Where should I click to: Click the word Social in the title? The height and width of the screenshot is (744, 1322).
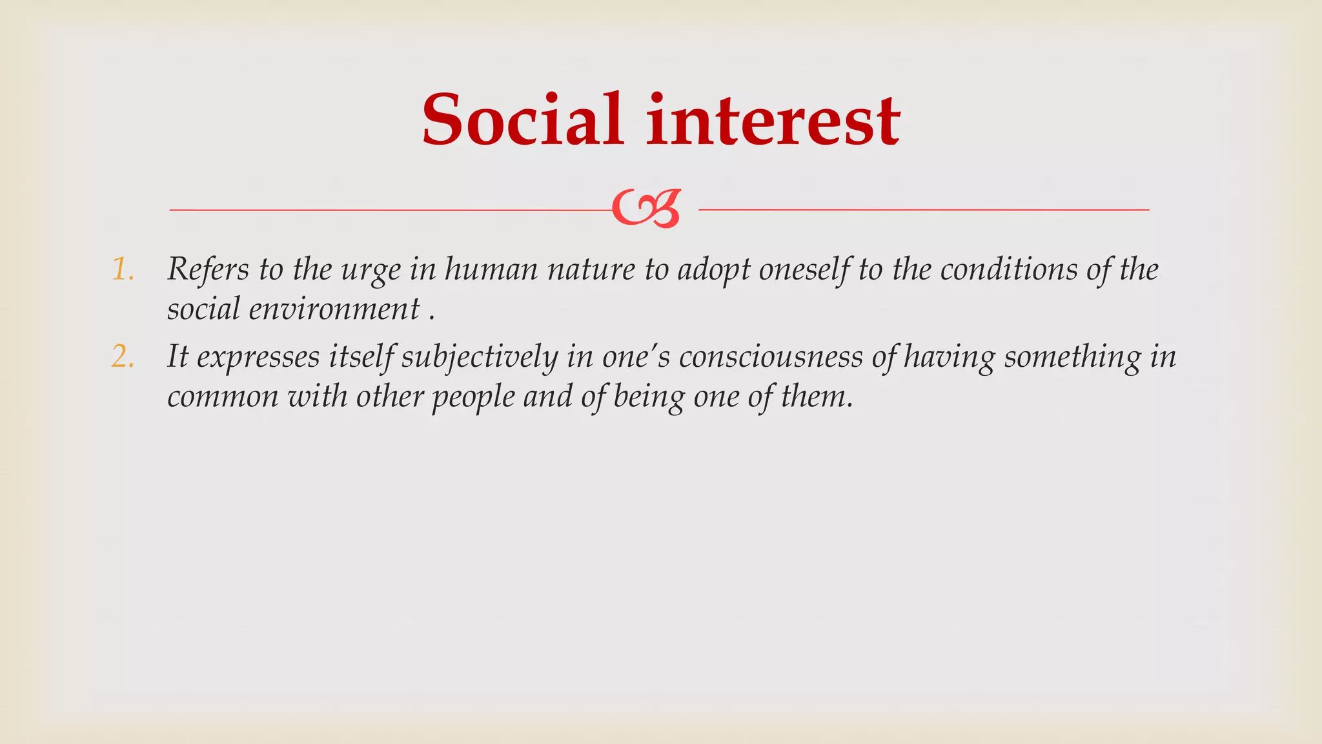522,120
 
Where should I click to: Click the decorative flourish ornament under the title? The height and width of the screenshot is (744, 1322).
646,209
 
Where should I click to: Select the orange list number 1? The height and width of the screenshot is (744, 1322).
122,269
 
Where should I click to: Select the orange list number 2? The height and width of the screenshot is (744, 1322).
122,357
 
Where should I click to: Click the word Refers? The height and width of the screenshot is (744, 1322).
208,269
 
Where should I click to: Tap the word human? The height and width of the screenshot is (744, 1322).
491,269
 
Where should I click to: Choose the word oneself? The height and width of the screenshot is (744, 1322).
804,269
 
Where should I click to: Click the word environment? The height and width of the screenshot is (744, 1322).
334,309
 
